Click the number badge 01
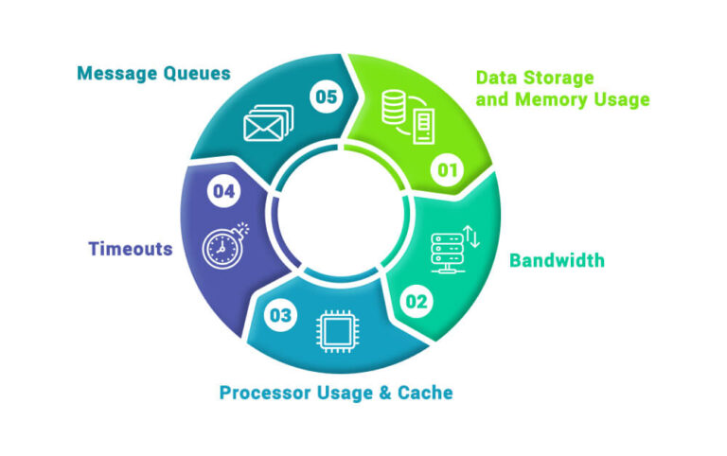[446, 171]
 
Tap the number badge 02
[417, 302]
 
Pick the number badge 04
[223, 192]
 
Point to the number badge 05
[325, 95]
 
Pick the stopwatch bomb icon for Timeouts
[223, 245]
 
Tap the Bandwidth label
[557, 260]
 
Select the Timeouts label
[131, 250]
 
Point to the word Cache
[427, 392]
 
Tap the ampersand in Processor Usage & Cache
[387, 392]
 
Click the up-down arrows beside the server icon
[474, 237]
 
